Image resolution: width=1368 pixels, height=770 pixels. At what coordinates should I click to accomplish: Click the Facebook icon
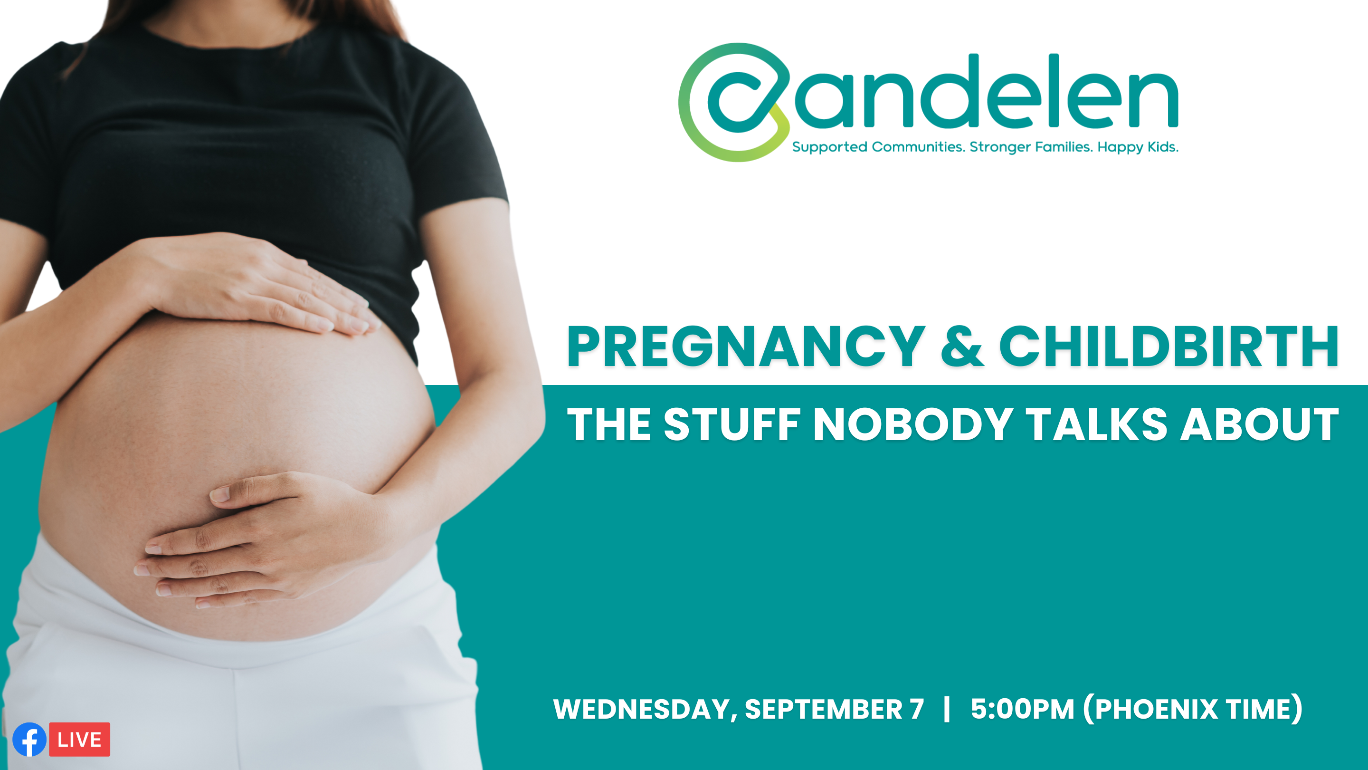[x=29, y=739]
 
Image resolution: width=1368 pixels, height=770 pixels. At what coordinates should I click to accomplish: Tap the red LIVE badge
[x=80, y=739]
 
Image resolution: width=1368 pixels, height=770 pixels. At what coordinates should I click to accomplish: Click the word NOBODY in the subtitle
[x=912, y=424]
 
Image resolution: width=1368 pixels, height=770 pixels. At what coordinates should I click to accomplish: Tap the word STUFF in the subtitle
[x=732, y=424]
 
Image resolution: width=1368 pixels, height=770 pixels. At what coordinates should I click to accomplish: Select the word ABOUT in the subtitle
[x=1259, y=424]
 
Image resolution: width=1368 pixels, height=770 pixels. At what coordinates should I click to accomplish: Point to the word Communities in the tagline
[x=918, y=147]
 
